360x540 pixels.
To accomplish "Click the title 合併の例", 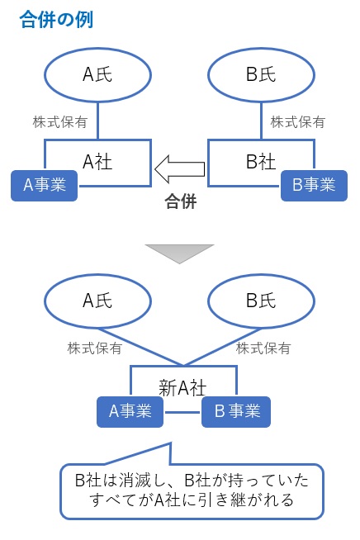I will [55, 20].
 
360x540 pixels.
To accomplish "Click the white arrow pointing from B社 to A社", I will [180, 168].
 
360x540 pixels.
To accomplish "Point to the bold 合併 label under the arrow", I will [180, 201].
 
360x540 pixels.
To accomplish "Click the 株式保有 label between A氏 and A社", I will [55, 121].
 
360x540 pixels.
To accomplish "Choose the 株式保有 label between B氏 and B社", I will [297, 121].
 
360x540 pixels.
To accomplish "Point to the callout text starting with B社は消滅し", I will [191, 490].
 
